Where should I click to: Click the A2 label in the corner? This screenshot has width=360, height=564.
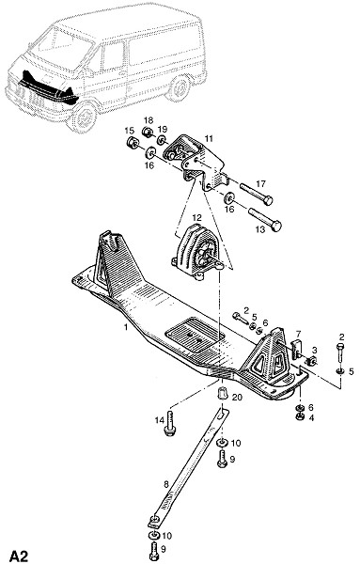coord(19,555)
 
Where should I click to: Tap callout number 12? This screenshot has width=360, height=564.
coord(197,218)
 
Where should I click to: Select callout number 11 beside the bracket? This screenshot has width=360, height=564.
coord(209,138)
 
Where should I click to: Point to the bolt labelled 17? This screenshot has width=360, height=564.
coord(257,194)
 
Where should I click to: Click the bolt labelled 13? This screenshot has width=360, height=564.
coord(265,219)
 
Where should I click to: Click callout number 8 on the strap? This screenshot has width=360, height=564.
coord(165,484)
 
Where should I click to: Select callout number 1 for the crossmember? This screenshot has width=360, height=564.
coord(126,327)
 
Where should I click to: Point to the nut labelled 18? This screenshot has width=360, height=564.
coord(148,132)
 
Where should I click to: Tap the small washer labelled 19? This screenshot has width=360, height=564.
coord(162,140)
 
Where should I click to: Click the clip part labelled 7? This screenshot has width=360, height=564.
coord(296,348)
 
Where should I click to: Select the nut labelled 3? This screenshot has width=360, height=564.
coord(311,360)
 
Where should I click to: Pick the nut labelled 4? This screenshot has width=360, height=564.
coord(299,416)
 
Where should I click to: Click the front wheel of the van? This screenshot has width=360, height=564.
coord(83,117)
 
